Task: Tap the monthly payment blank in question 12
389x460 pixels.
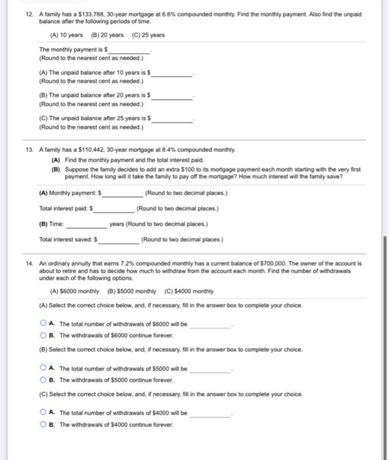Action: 129,51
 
